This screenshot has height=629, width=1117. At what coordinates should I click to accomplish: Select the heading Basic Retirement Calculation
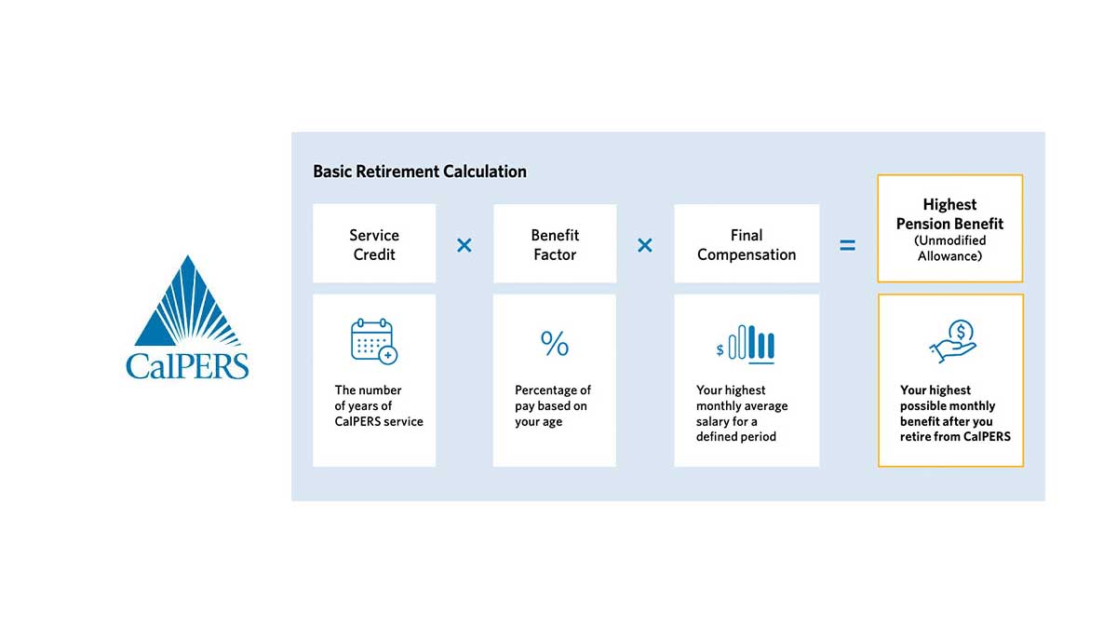pyautogui.click(x=420, y=171)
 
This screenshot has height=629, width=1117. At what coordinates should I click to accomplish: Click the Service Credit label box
pyautogui.click(x=374, y=244)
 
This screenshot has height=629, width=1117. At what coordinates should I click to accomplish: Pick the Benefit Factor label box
pyautogui.click(x=555, y=244)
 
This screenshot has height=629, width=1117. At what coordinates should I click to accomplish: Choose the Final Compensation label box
pyautogui.click(x=747, y=244)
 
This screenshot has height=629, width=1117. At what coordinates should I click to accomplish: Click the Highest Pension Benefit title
pyautogui.click(x=949, y=213)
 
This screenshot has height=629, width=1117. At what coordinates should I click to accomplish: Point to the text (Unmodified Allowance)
pyautogui.click(x=949, y=248)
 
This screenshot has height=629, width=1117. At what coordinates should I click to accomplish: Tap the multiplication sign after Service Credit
pyautogui.click(x=464, y=245)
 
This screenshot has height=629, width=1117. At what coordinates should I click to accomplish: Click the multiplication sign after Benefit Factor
pyautogui.click(x=644, y=245)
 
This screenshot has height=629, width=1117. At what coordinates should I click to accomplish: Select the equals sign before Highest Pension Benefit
pyautogui.click(x=847, y=246)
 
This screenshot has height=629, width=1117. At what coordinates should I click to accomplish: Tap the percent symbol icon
pyautogui.click(x=555, y=344)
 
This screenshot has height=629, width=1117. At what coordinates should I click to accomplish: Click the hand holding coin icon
pyautogui.click(x=952, y=341)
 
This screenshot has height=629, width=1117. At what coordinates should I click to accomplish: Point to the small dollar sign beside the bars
pyautogui.click(x=720, y=350)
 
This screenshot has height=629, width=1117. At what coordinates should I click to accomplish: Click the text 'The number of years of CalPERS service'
pyautogui.click(x=379, y=405)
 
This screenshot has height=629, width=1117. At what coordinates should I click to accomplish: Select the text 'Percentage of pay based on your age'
pyautogui.click(x=553, y=405)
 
